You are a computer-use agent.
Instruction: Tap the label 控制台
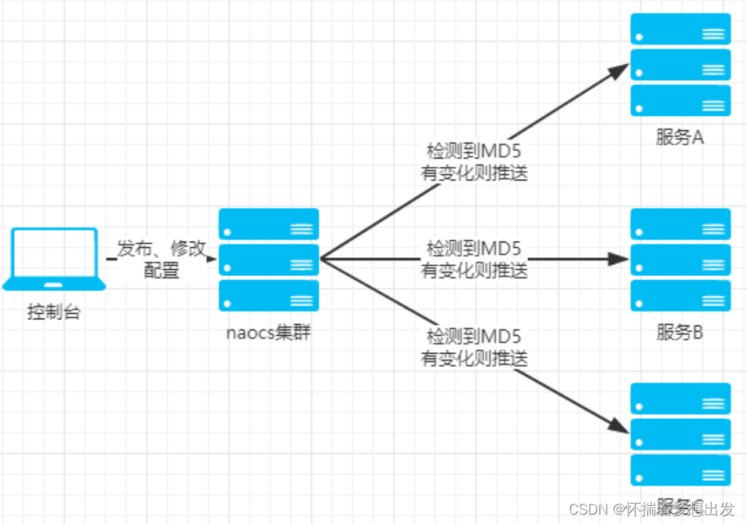click(x=54, y=313)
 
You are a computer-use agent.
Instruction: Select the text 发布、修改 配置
click(x=162, y=260)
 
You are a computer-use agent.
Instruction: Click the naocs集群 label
click(x=268, y=333)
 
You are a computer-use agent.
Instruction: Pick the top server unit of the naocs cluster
click(x=268, y=224)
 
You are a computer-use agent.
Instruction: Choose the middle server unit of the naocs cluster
click(x=268, y=260)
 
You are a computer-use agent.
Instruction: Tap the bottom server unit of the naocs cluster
click(x=268, y=296)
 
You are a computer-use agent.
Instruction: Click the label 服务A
click(x=680, y=137)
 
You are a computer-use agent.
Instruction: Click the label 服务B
click(x=680, y=333)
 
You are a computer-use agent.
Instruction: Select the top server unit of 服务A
click(x=680, y=28)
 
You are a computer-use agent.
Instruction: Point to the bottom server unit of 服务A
click(x=680, y=100)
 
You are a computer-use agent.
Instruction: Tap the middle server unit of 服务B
click(x=680, y=259)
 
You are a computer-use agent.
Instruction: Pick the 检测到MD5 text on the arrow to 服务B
click(x=474, y=249)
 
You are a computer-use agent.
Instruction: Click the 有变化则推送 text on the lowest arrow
click(x=474, y=358)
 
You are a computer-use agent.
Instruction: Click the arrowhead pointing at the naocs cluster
click(x=211, y=260)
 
